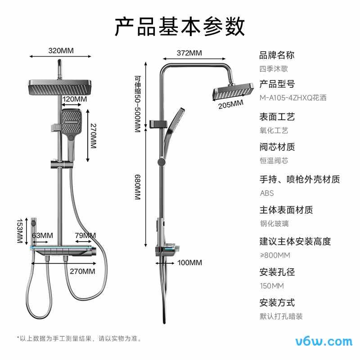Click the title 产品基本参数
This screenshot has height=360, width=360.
pos(180,27)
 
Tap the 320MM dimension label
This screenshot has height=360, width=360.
pos(61,50)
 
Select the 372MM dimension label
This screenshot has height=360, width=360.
pos(189,53)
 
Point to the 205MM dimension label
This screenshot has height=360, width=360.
pos(230,104)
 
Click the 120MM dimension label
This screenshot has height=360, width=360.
pos(75,99)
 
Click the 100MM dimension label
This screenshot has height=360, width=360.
pos(189,262)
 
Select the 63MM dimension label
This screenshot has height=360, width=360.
pos(43,235)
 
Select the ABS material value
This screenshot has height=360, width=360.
pos(266,193)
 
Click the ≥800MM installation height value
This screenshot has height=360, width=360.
pos(275,255)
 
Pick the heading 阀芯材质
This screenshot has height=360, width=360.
pos(277,147)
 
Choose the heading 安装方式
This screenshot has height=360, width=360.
pos(277,302)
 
